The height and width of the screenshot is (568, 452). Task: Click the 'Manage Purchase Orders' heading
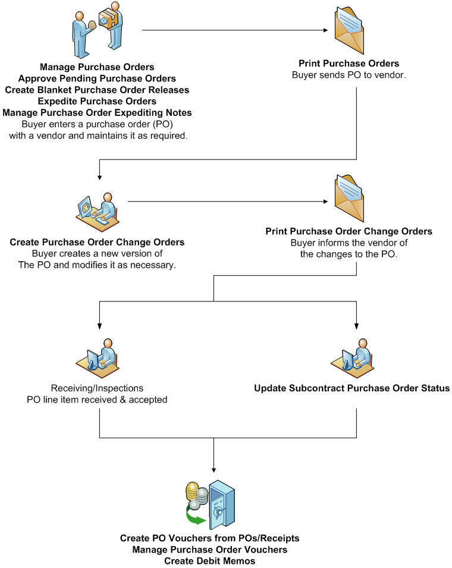(x=97, y=67)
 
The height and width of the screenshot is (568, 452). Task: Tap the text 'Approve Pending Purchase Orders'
(x=97, y=78)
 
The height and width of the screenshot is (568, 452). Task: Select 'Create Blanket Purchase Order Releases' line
(x=97, y=90)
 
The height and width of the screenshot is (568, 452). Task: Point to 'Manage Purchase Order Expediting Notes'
(x=97, y=112)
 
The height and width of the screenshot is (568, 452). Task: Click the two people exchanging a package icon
(x=97, y=30)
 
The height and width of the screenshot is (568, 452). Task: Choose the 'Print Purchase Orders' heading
(x=348, y=63)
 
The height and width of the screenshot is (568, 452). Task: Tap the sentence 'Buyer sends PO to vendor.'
(x=348, y=75)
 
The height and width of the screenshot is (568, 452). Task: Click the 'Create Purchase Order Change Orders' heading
(x=97, y=243)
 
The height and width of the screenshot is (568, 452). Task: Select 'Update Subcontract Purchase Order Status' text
(x=351, y=388)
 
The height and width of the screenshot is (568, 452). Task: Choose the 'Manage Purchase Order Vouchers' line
(x=209, y=550)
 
